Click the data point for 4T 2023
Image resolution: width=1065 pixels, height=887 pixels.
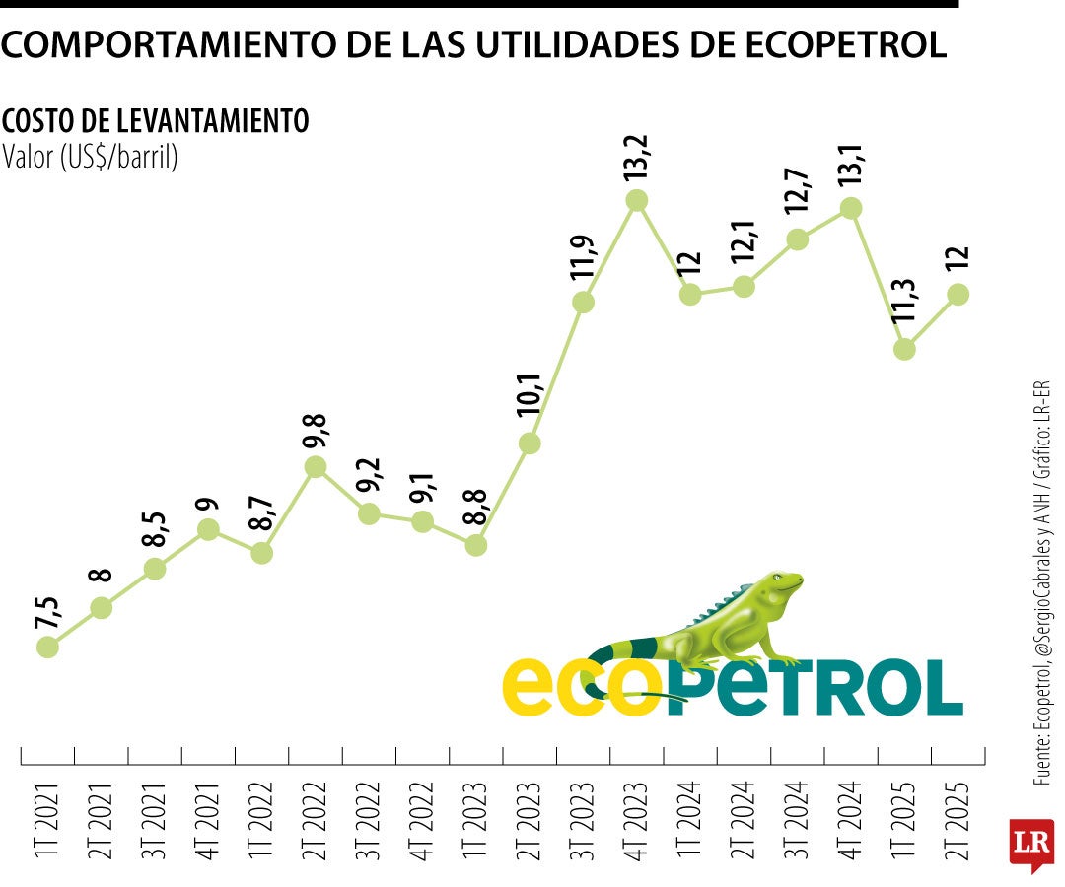click(637, 200)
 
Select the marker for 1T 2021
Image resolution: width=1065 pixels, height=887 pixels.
click(47, 647)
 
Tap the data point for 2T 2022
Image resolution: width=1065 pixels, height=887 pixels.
click(316, 467)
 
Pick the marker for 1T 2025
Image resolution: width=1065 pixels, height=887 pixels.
click(904, 348)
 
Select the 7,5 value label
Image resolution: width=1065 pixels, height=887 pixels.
click(47, 615)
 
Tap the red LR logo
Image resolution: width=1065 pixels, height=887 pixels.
click(1030, 844)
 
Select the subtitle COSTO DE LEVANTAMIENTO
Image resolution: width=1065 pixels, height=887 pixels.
click(156, 121)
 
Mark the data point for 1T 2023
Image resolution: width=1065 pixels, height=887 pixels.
click(476, 544)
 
